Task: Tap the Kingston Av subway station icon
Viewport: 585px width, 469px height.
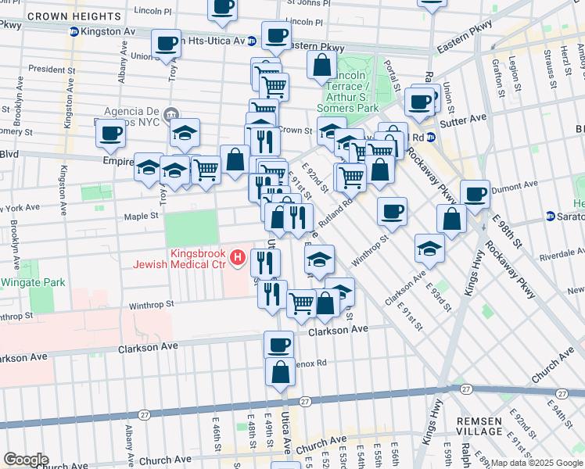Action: click(74, 32)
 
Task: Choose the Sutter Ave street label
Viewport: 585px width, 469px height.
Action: click(467, 116)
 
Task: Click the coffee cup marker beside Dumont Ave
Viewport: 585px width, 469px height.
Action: click(475, 194)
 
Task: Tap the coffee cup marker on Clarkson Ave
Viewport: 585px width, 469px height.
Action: click(278, 345)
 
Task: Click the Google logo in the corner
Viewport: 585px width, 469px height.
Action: click(25, 460)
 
